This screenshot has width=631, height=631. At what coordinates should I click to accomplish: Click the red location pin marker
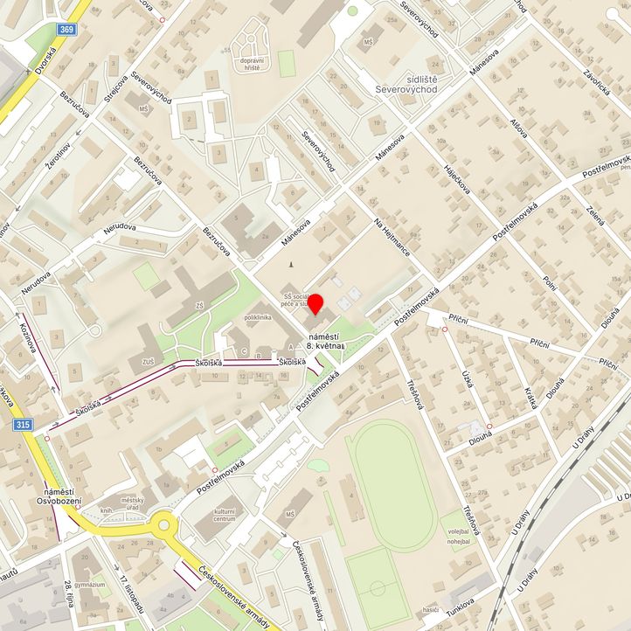coord(315,307)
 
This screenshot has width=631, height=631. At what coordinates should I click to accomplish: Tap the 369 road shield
coord(66,29)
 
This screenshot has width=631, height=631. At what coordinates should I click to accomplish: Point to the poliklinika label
coord(261,317)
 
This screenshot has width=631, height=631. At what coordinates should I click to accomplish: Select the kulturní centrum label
coord(225,515)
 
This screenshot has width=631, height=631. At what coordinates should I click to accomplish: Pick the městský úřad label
coord(132,503)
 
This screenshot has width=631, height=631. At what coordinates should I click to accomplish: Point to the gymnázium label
coord(89,584)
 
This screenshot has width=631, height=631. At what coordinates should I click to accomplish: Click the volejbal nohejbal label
coord(459,535)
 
